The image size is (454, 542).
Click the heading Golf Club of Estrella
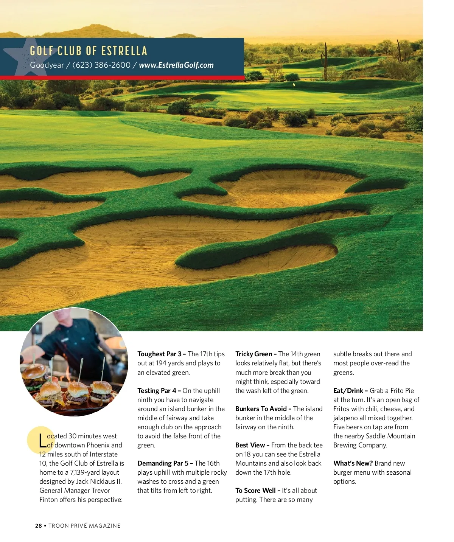pos(89,51)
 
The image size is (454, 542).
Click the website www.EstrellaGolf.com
pos(176,65)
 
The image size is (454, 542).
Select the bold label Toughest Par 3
pos(161,354)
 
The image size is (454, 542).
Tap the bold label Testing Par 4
pos(159,391)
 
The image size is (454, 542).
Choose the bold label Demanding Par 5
pos(165,463)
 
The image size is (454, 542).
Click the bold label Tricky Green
pos(256,354)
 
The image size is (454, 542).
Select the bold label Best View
pos(252,445)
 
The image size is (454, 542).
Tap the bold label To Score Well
pos(257,491)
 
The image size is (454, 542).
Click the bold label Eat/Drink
pos(350,391)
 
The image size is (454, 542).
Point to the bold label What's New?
pos(353,463)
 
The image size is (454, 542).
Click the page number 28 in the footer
pos(39,526)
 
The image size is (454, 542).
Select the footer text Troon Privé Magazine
pos(84,526)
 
